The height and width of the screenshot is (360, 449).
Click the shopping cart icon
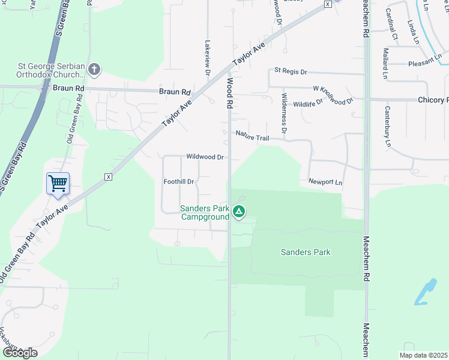(x=58, y=182)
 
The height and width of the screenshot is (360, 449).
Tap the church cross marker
(x=94, y=70)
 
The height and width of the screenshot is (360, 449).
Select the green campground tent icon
(x=239, y=211)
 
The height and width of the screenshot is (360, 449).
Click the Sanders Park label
(x=306, y=252)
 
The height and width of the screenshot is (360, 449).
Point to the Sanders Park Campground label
(x=205, y=212)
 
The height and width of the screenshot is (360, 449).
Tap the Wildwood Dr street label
(x=205, y=157)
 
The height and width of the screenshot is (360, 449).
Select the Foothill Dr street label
(x=179, y=181)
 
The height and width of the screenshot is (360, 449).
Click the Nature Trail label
(x=252, y=136)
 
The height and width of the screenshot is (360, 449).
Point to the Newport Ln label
(x=325, y=181)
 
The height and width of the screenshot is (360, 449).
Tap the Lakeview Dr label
(x=208, y=58)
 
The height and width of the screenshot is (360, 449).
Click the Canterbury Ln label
(x=387, y=127)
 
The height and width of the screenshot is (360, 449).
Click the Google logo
(x=20, y=353)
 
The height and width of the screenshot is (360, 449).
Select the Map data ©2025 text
(x=423, y=355)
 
